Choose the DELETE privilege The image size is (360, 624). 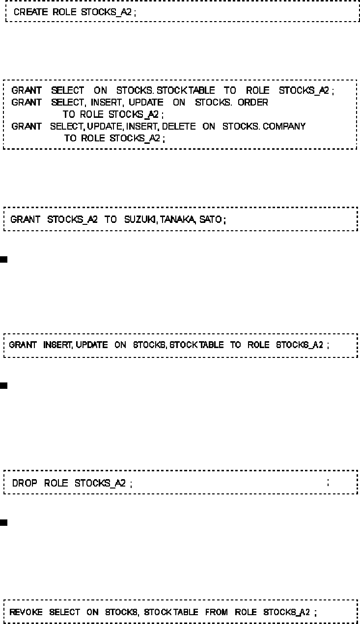point(179,126)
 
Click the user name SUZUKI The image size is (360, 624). point(140,219)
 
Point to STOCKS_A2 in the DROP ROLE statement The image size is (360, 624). point(100,483)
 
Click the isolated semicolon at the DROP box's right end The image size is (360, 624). point(328,483)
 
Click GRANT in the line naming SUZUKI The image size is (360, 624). point(25,219)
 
